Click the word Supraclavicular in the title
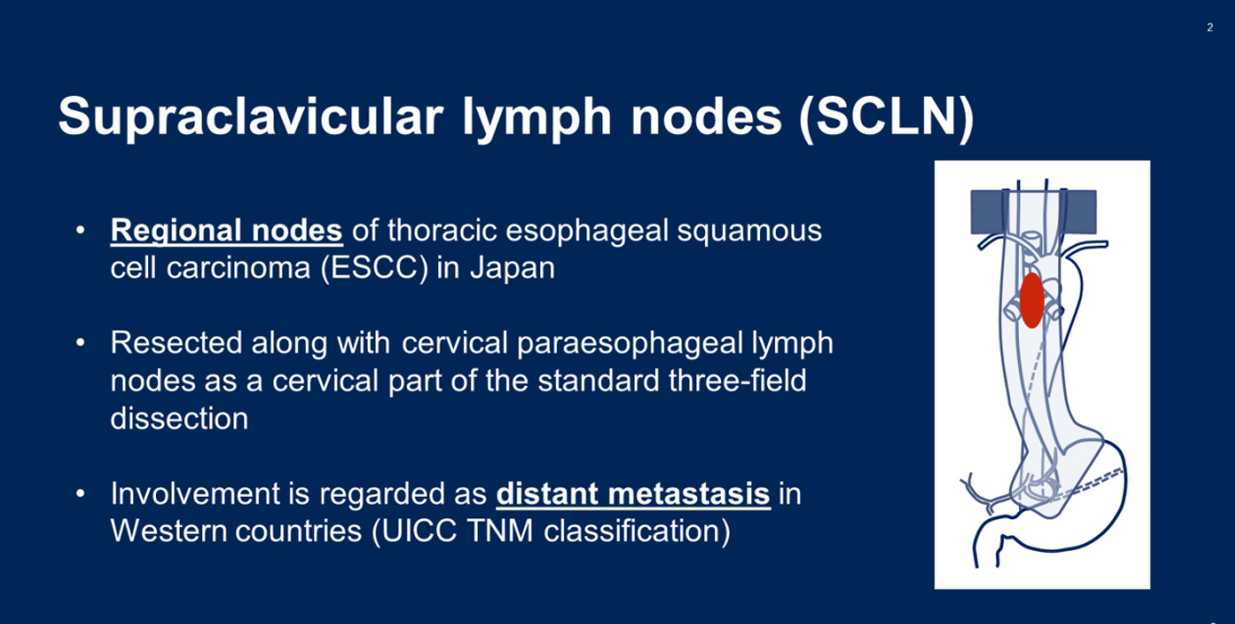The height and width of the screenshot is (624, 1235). coord(251,117)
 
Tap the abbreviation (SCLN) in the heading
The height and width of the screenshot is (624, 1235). coord(887,117)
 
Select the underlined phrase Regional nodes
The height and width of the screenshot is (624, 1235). coord(227,230)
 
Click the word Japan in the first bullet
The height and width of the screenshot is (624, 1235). coord(512,268)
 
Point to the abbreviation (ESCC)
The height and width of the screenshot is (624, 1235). coord(375,269)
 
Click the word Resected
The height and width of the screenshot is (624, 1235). coord(176,342)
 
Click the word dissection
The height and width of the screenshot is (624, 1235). coord(179,419)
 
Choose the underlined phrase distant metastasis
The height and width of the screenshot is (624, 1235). coord(633,494)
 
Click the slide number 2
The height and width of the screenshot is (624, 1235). coord(1209,27)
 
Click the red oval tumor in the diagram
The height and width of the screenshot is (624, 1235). coord(1031,301)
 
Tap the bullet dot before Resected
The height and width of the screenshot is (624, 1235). coord(80,343)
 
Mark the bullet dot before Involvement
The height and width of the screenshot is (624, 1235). coord(80,494)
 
